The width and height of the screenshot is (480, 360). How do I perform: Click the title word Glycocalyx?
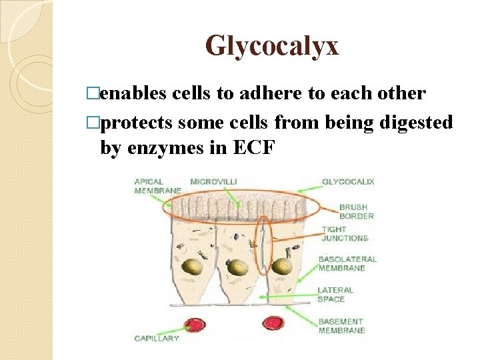272,45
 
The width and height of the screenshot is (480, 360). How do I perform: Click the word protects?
137,122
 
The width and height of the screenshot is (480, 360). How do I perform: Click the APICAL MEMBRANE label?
157,186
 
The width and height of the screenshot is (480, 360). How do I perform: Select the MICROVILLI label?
213,181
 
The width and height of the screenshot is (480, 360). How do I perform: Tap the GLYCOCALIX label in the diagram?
348,181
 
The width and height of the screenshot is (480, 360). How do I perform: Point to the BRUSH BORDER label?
356,211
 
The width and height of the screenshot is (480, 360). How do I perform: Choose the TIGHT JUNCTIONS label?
344,233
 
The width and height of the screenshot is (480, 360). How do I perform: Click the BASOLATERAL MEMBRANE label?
347,263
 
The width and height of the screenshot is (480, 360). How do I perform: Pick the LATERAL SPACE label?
335,294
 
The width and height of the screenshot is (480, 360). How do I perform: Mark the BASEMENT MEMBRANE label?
341,326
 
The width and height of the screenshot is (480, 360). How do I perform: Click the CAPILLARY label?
157,338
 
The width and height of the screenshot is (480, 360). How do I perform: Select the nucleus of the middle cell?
237,267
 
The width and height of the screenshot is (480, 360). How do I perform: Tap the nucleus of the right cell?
283,266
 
